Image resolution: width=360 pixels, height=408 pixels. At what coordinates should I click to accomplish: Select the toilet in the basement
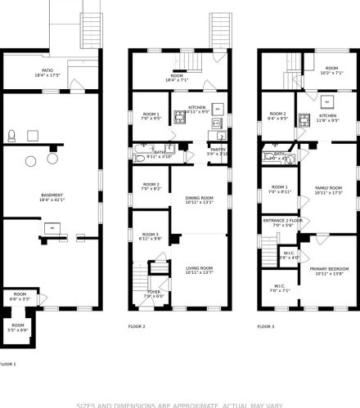[11, 136]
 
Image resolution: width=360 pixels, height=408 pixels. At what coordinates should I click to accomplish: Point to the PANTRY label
[218, 151]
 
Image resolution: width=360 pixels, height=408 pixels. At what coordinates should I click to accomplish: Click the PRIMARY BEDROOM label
[329, 270]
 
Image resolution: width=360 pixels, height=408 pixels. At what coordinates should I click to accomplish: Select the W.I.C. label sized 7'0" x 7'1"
[280, 289]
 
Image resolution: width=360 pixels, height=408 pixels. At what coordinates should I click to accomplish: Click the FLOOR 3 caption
[266, 326]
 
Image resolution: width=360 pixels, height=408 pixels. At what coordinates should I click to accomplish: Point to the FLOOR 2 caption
[137, 326]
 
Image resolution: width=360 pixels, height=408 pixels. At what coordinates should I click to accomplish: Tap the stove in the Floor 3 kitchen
[304, 123]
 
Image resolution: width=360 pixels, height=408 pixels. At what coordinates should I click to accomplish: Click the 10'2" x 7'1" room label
[331, 70]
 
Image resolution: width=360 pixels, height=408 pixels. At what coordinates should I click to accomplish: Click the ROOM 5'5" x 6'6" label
[18, 327]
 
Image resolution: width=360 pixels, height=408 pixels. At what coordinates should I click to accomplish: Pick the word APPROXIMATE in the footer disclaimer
[185, 403]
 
